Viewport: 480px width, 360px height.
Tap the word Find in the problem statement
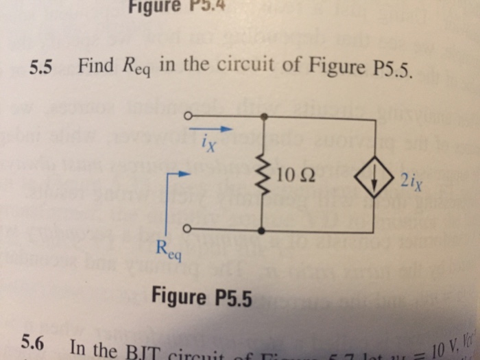tap(95, 67)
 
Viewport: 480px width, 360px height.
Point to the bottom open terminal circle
tap(187, 228)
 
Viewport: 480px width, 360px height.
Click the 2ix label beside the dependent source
tap(411, 182)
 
